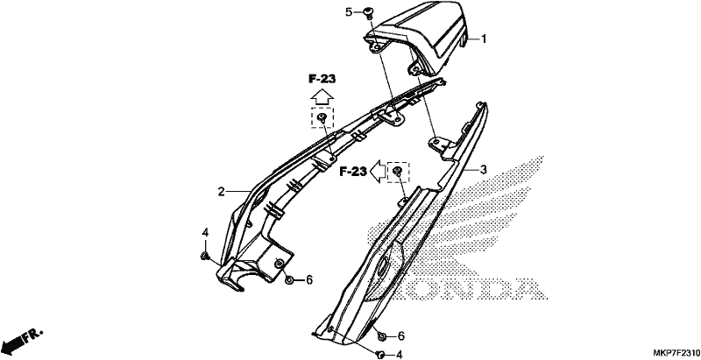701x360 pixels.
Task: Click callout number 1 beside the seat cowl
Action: point(484,39)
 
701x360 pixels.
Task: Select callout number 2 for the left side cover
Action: point(221,192)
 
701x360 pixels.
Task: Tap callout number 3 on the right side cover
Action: point(484,169)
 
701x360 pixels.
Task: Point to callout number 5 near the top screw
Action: point(349,12)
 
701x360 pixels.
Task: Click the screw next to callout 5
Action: point(369,11)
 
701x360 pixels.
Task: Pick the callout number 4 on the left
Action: point(205,233)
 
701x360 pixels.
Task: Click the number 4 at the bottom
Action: point(400,355)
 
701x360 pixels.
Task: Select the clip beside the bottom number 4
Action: point(381,354)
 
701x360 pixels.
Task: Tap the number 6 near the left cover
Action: point(309,280)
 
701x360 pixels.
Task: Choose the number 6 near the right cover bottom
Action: point(401,335)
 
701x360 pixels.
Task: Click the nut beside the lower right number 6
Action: point(382,335)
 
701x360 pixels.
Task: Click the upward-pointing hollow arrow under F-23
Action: point(322,96)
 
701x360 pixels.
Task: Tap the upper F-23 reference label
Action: point(322,79)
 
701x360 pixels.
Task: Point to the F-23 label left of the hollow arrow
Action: point(353,172)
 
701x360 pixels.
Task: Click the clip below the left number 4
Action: point(205,256)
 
